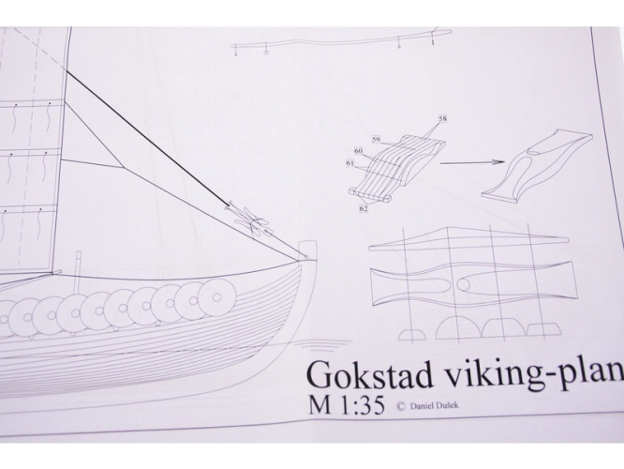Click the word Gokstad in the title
(370, 375)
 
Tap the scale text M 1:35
(347, 406)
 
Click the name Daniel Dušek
(434, 406)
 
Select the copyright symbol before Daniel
(401, 406)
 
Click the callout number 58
(442, 118)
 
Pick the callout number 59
(376, 140)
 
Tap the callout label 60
(359, 151)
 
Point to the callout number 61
(350, 163)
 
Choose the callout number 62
(364, 207)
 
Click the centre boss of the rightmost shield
(216, 297)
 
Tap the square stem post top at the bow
(309, 250)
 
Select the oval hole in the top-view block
(464, 284)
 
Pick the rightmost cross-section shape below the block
(544, 329)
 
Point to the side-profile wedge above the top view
(468, 239)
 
